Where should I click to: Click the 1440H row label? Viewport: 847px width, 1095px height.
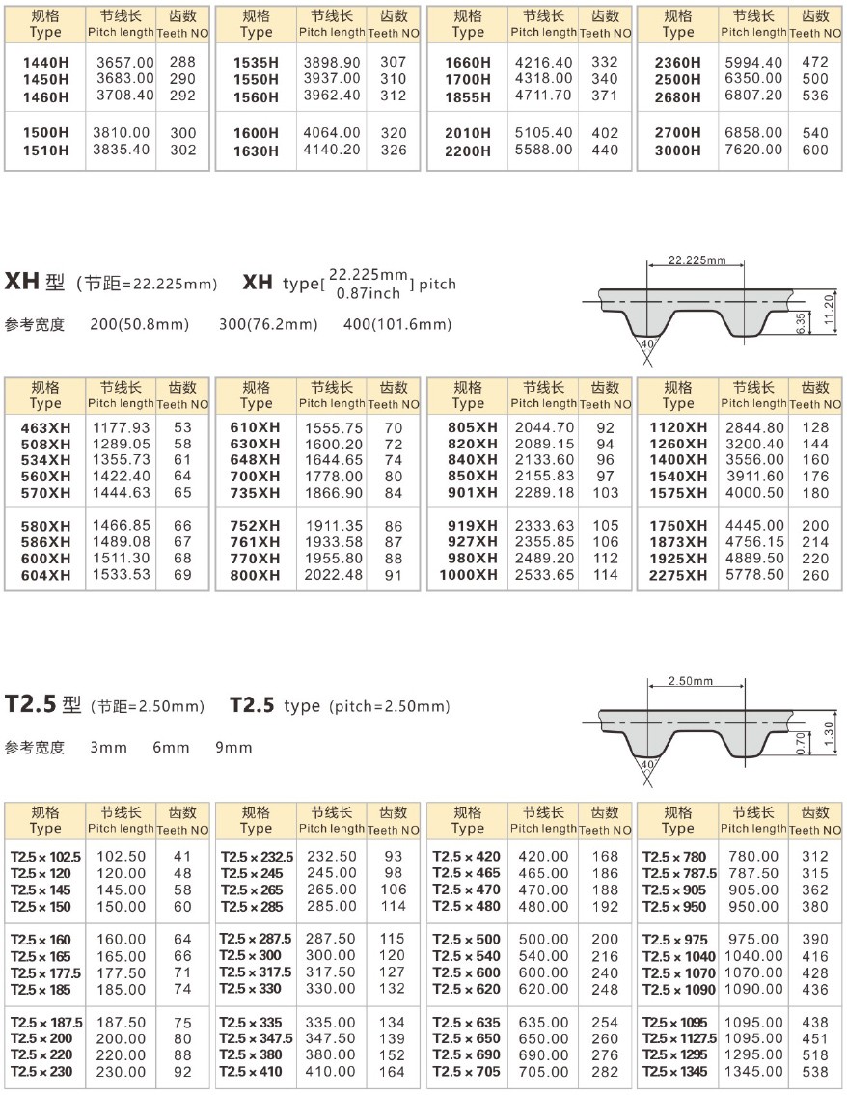(44, 63)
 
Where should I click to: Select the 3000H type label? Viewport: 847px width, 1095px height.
(677, 151)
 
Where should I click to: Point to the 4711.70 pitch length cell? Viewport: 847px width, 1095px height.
(543, 96)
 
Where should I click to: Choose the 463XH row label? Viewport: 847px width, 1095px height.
(45, 428)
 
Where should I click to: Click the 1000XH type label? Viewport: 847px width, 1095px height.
(469, 576)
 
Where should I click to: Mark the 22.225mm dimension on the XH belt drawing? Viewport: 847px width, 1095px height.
(696, 260)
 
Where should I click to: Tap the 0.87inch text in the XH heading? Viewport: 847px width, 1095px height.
(368, 293)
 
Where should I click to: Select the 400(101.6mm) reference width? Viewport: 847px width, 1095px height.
(396, 325)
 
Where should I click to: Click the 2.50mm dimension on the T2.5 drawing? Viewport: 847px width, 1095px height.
(690, 681)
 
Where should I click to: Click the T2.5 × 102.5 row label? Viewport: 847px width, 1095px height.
(45, 857)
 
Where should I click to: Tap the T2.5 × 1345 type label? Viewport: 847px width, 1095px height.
(676, 1072)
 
